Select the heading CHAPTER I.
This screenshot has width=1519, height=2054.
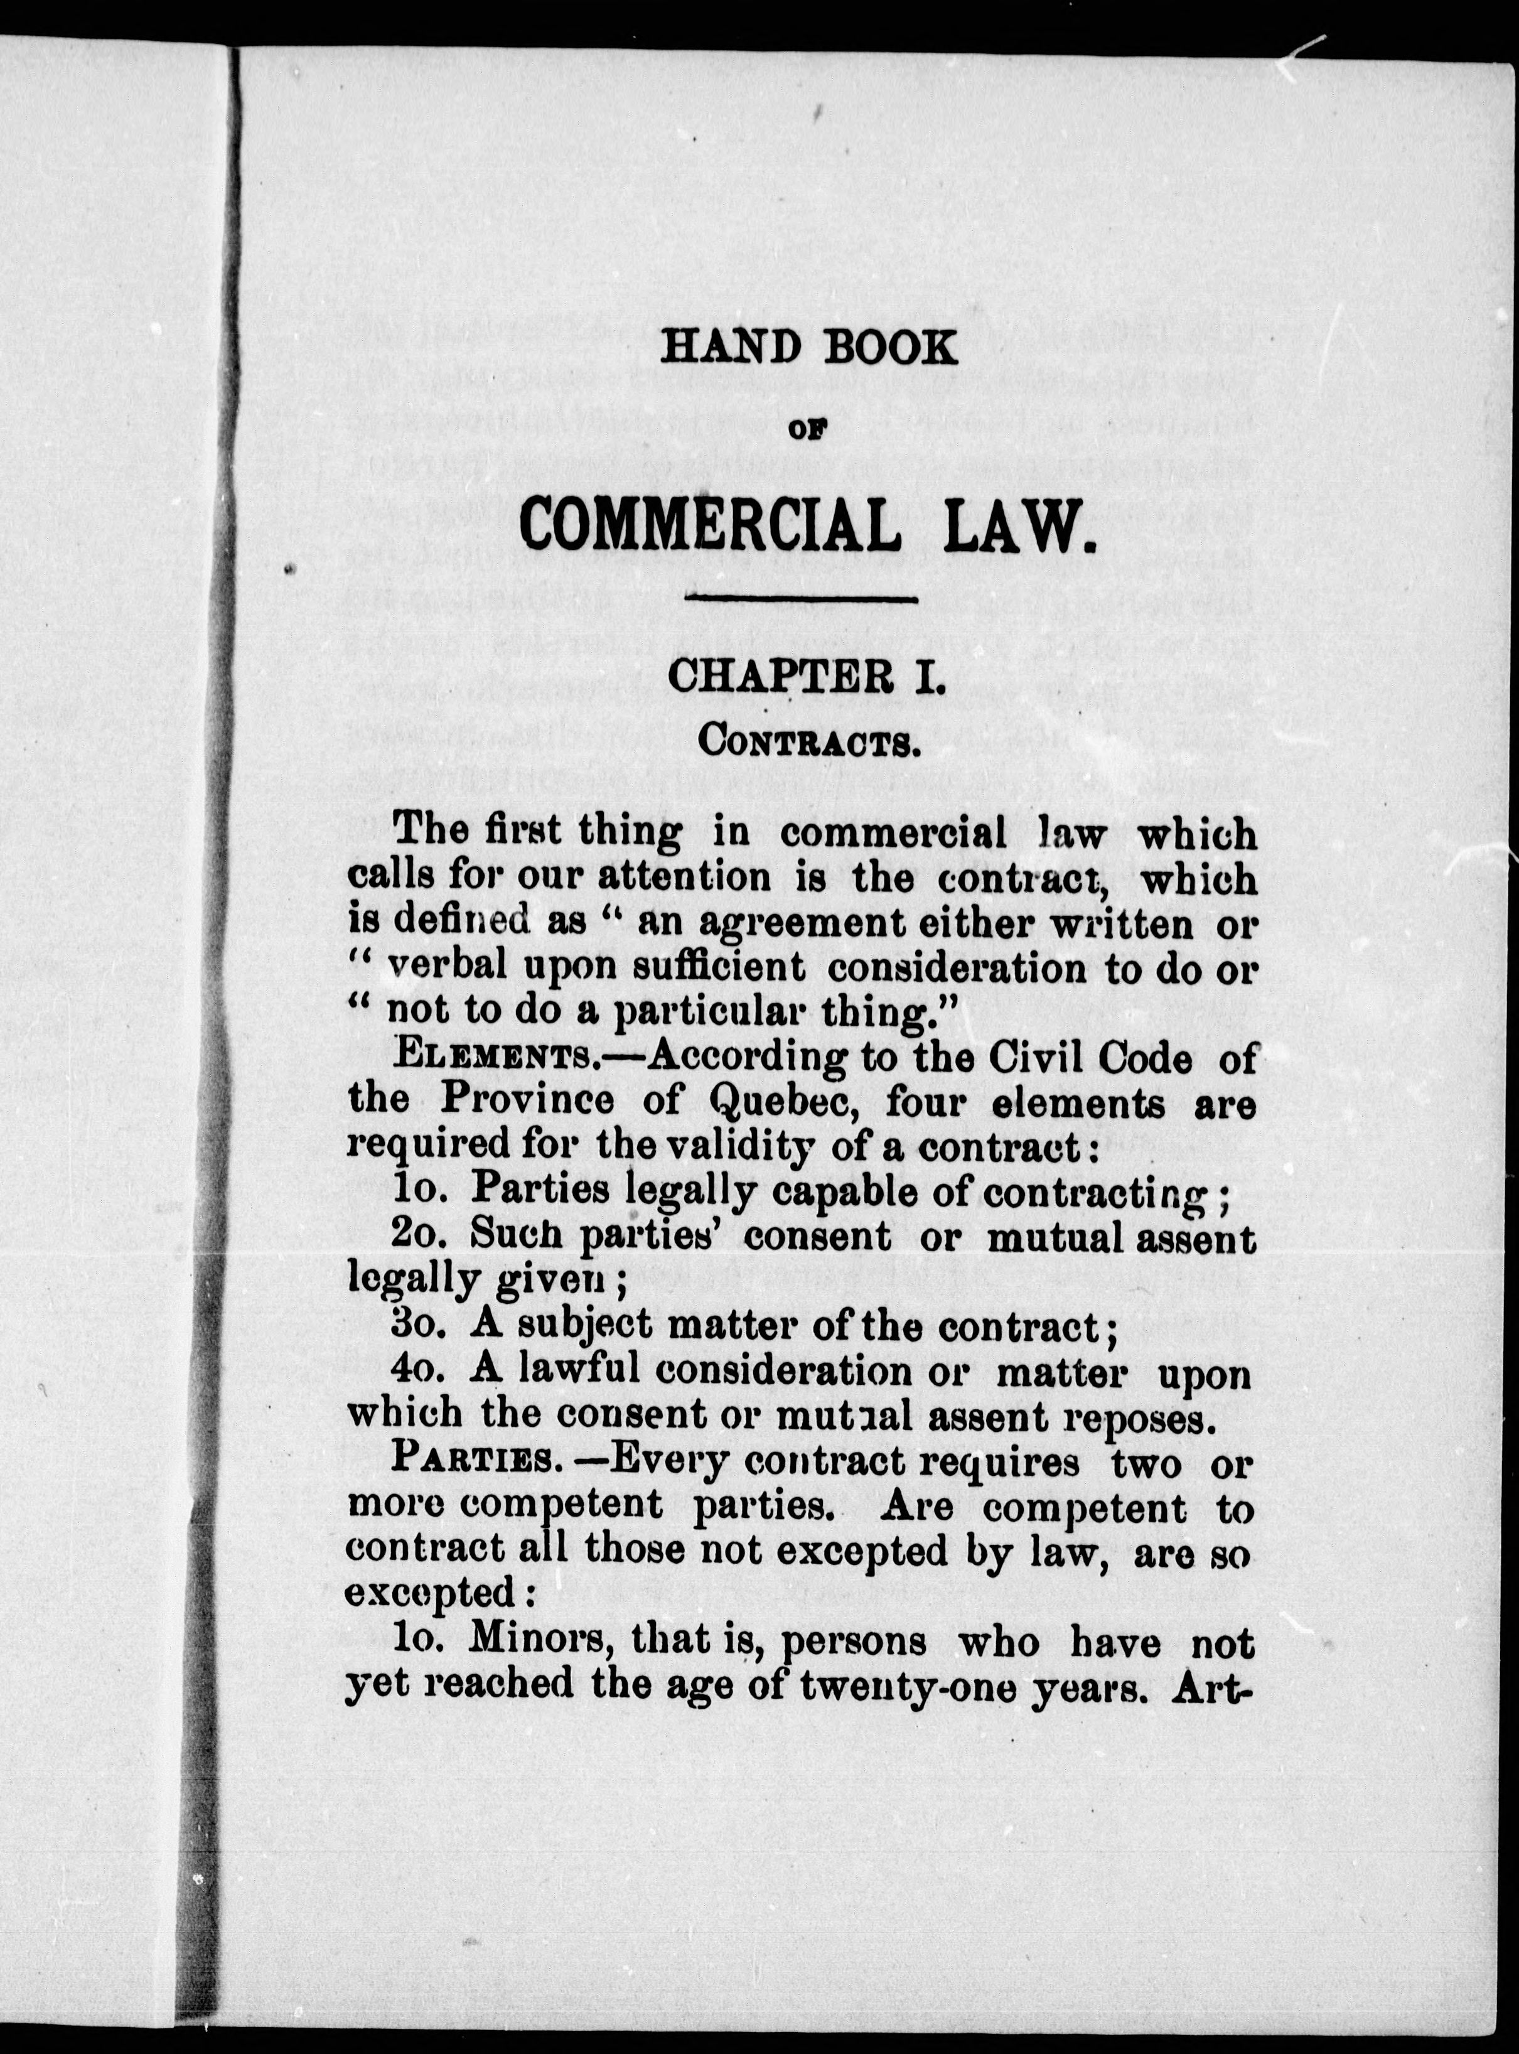click(805, 679)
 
